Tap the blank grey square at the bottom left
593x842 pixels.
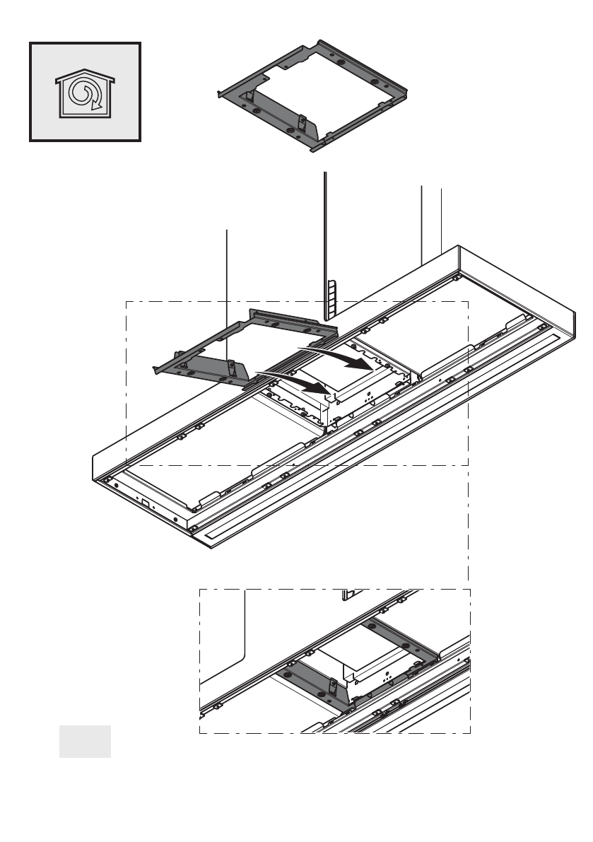point(85,741)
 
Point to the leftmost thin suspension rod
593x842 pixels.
point(226,283)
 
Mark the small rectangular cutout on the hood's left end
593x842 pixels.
point(144,503)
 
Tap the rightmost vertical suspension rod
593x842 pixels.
point(441,219)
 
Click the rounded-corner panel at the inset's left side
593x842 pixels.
point(223,636)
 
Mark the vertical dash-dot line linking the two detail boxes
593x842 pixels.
point(469,527)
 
